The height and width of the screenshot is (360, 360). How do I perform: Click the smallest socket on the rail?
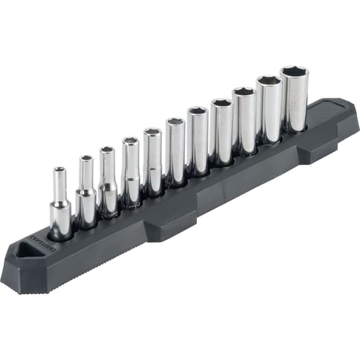coord(60,204)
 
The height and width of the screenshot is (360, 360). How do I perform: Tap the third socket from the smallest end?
coord(108,181)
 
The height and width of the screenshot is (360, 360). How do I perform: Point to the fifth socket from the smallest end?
coord(153,162)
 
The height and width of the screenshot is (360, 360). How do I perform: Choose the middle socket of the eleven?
coord(175,151)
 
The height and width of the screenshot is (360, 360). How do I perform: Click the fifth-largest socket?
coord(198,141)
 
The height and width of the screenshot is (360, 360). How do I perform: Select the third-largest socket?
coord(244,121)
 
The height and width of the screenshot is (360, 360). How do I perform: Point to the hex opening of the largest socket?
coord(294,71)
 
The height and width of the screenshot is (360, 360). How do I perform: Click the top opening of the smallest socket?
coord(60,169)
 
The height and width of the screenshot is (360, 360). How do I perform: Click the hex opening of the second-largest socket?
coord(268,80)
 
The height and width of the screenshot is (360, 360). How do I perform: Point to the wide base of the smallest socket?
coord(60,220)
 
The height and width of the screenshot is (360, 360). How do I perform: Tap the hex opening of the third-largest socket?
coord(244,91)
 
